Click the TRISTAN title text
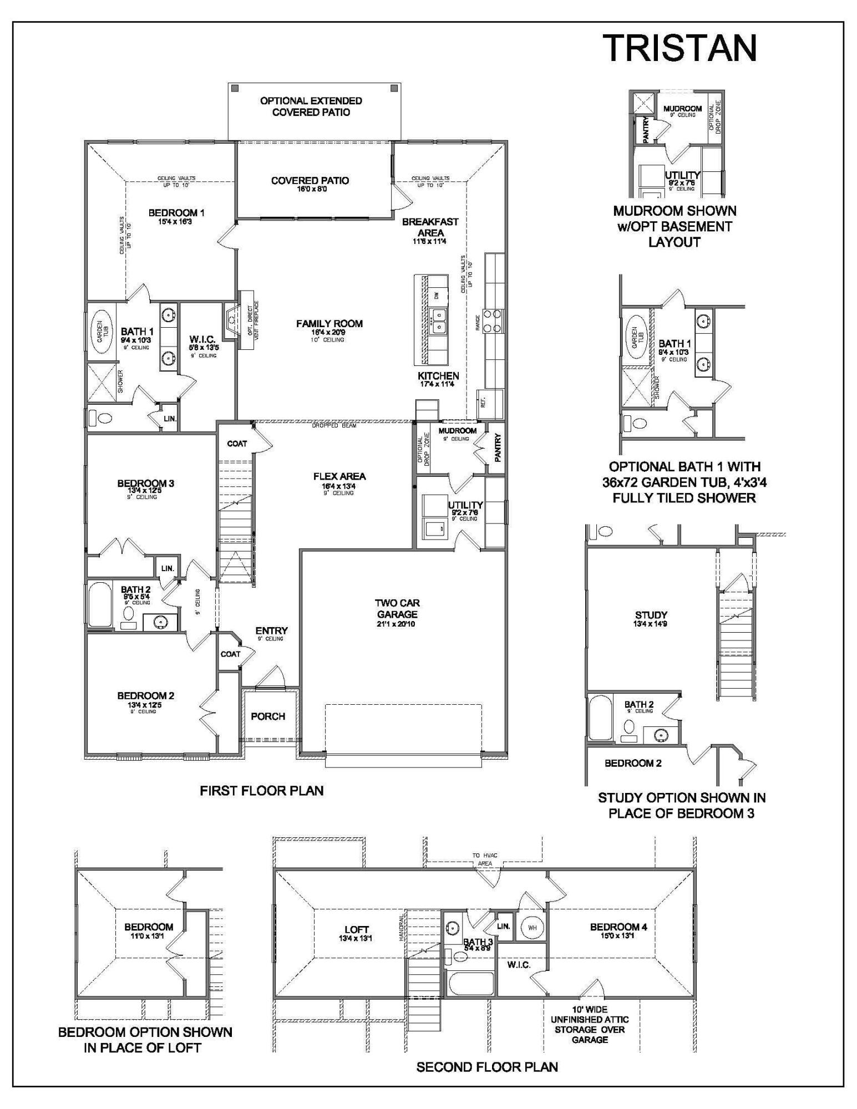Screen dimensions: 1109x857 tap(679, 48)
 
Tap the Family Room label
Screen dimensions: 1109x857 tap(329, 324)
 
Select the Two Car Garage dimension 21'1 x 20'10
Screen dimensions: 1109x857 tap(397, 624)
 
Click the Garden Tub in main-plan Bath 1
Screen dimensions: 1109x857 tap(101, 332)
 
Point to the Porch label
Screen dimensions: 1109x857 tap(268, 716)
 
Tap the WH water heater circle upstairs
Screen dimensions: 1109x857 tap(532, 943)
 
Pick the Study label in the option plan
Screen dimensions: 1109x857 tap(651, 615)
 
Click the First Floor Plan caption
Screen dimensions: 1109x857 tap(262, 791)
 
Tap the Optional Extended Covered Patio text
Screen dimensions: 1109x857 tap(311, 106)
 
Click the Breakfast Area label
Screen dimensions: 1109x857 tap(430, 227)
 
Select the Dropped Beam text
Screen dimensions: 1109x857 tap(334, 426)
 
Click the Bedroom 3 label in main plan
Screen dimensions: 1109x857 tap(145, 484)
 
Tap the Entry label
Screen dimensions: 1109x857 tap(271, 631)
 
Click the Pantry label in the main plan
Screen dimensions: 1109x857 tap(498, 447)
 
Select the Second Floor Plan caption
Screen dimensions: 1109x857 tap(487, 1067)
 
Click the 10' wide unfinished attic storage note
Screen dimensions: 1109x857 tap(590, 1025)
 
